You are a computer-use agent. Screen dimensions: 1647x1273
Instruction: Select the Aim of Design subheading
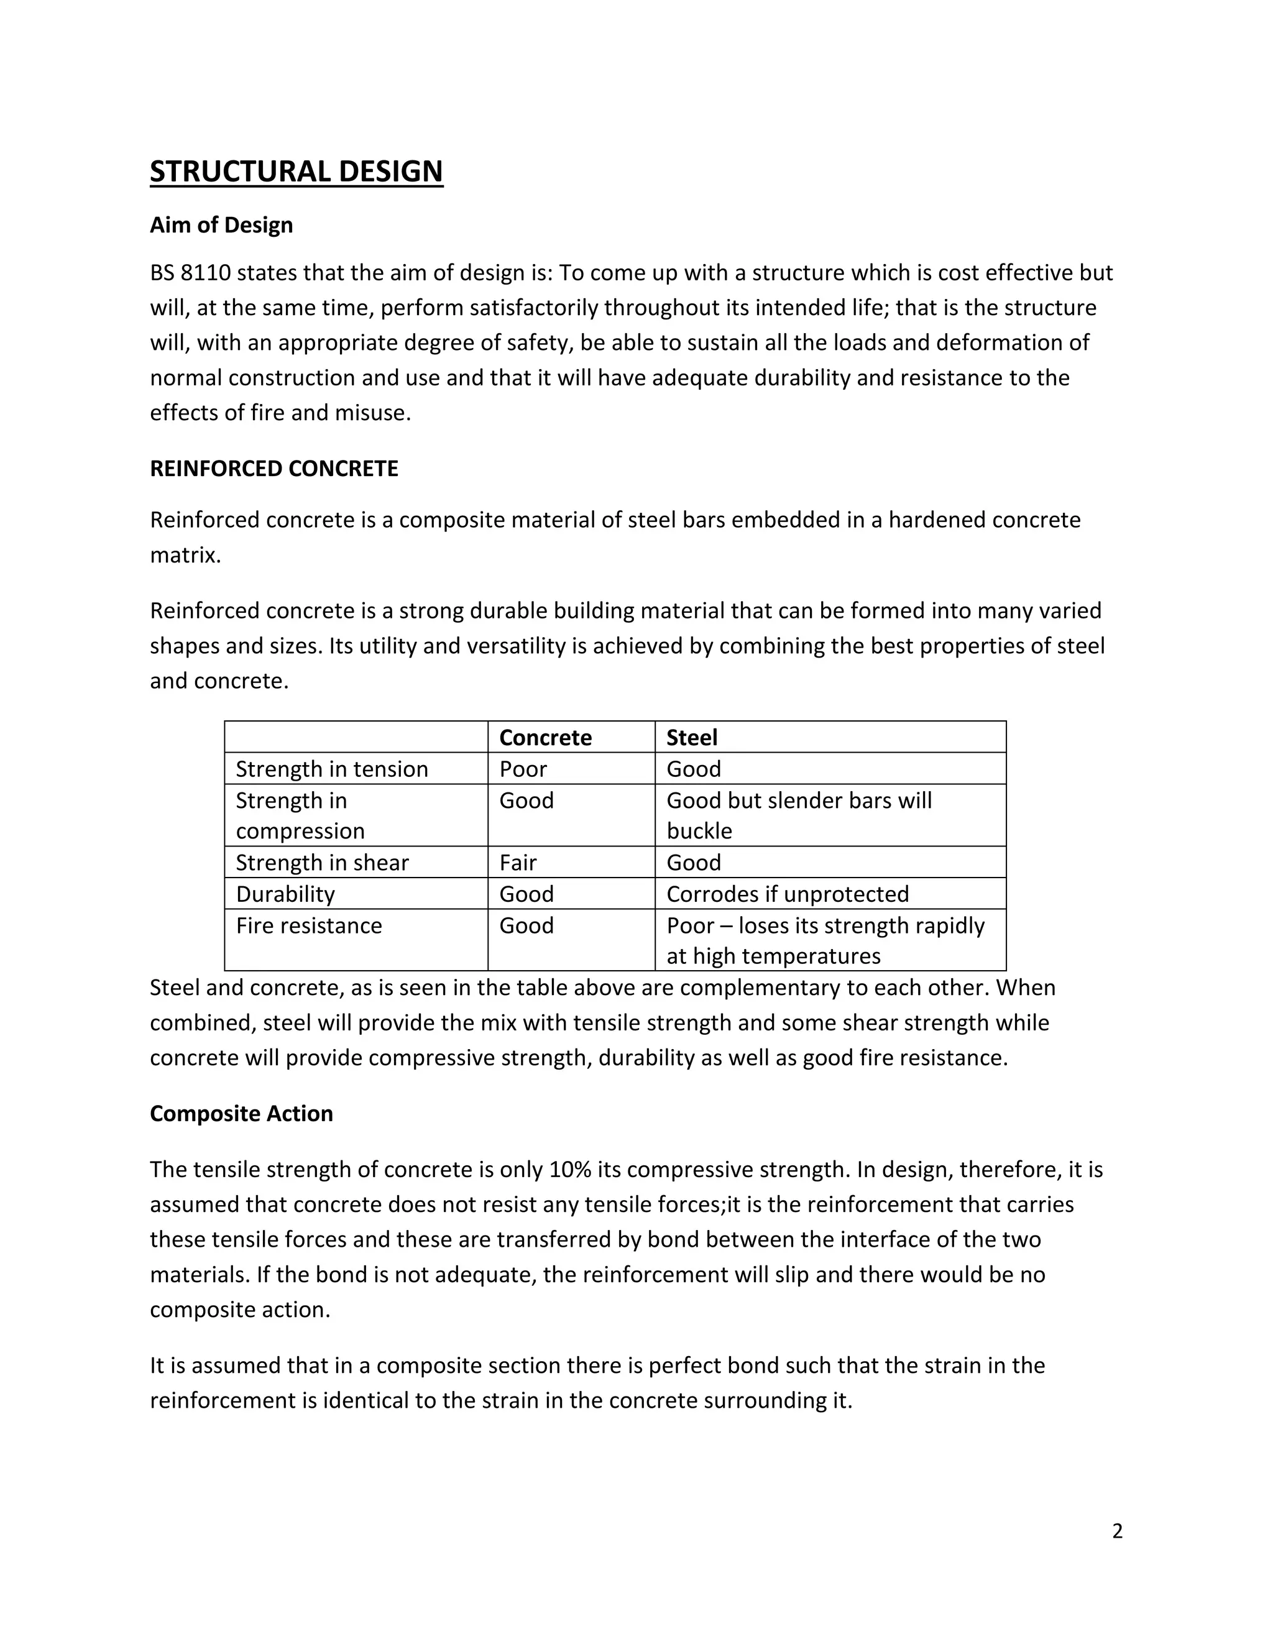click(x=221, y=225)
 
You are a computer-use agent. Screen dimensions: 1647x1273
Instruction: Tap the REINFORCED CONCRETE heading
click(x=273, y=469)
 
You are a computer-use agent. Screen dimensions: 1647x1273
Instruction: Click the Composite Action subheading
click(x=241, y=1113)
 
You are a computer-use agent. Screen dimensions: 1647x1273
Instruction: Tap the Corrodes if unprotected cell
click(x=788, y=894)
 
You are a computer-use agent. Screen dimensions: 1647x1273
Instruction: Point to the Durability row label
click(x=285, y=894)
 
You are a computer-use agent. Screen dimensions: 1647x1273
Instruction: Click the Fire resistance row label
click(x=308, y=925)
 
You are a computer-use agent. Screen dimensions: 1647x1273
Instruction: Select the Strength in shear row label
click(x=322, y=862)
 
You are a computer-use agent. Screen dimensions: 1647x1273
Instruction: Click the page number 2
click(x=1117, y=1531)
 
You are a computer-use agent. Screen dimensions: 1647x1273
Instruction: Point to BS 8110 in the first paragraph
click(x=190, y=272)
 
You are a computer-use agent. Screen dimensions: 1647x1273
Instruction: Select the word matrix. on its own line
click(x=185, y=555)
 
